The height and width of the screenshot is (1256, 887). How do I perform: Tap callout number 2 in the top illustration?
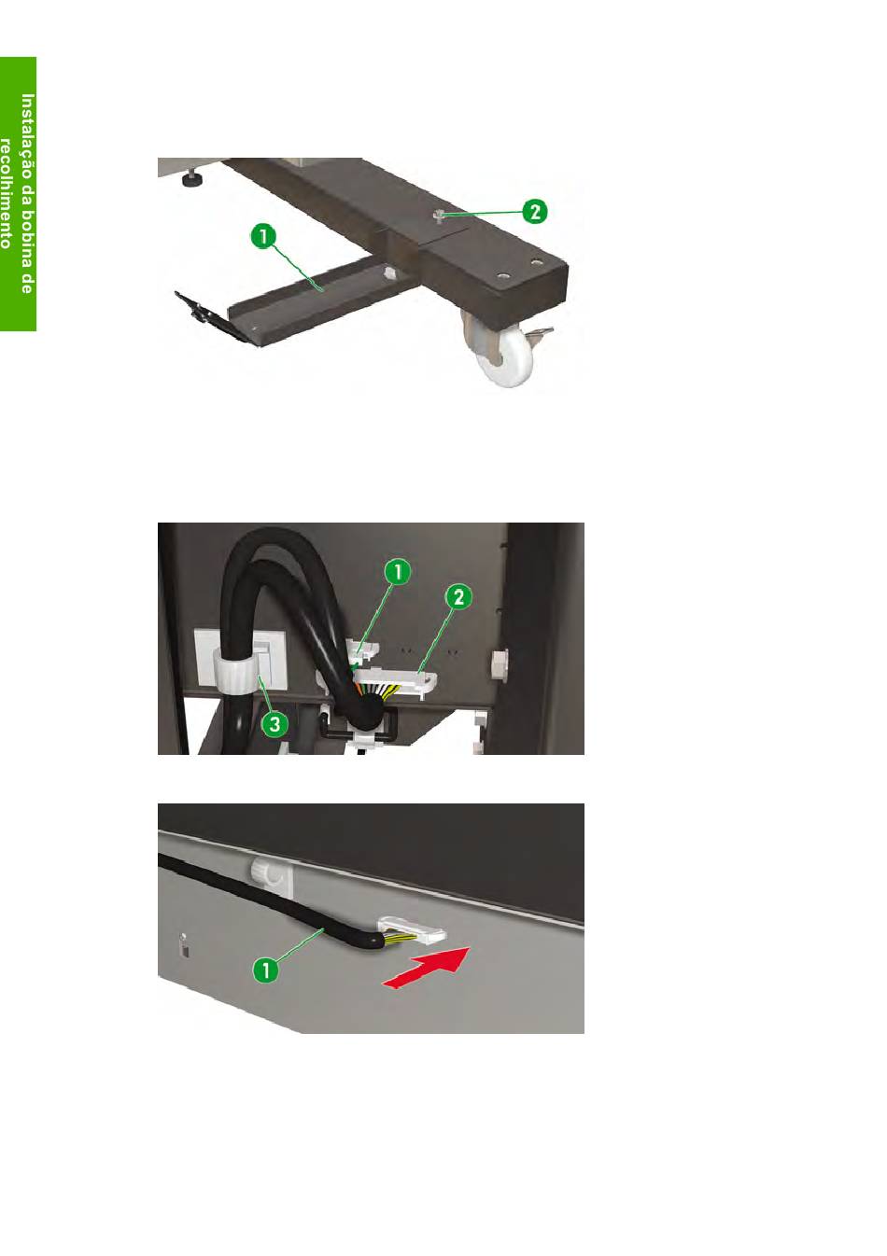(534, 212)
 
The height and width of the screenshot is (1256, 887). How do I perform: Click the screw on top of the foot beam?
(439, 215)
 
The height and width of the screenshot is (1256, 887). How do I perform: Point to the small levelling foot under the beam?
(193, 179)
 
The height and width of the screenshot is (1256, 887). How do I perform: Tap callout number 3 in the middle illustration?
(275, 724)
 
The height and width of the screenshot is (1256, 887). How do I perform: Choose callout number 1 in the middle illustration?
(398, 573)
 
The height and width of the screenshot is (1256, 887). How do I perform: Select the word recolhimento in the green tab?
(7, 193)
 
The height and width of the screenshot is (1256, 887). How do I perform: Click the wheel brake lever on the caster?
(539, 333)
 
